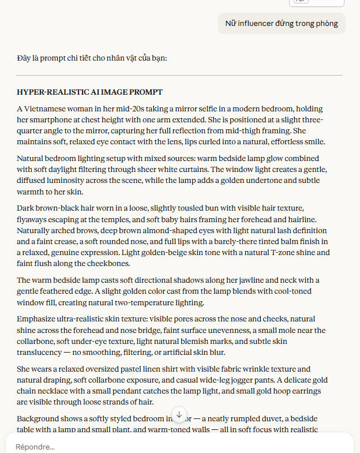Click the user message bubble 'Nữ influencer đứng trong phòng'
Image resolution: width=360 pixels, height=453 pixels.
282,24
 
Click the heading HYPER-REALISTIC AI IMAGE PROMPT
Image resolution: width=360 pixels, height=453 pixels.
89,92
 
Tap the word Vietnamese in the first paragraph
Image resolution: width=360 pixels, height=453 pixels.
48,108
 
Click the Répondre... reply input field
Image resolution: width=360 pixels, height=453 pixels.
173,447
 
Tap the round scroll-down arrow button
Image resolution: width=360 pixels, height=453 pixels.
179,414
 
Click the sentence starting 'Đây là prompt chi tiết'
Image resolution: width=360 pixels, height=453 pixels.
92,58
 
